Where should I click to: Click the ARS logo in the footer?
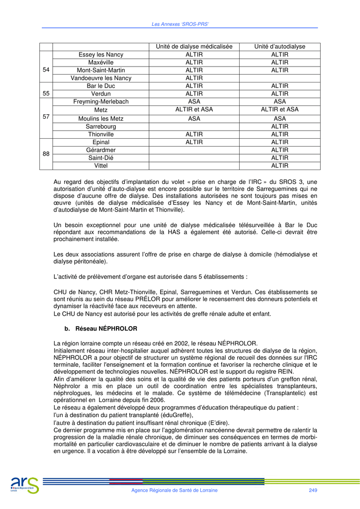click(24, 484)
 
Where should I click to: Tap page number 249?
click(313, 491)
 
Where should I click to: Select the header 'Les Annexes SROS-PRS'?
click(180, 24)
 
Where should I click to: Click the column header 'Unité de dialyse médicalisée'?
click(194, 47)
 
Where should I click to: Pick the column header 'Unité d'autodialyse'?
click(279, 47)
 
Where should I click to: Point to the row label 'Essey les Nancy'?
click(101, 55)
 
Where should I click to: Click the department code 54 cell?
click(46, 70)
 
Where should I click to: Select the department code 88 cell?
click(46, 154)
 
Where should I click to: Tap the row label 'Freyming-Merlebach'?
click(101, 101)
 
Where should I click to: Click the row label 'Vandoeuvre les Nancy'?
click(101, 78)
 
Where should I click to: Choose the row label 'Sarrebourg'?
click(101, 126)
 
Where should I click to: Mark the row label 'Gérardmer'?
click(101, 150)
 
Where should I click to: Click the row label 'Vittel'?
click(101, 166)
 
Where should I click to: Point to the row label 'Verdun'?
click(101, 93)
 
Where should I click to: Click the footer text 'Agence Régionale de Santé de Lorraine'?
click(174, 491)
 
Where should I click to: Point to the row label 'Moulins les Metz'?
click(101, 119)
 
